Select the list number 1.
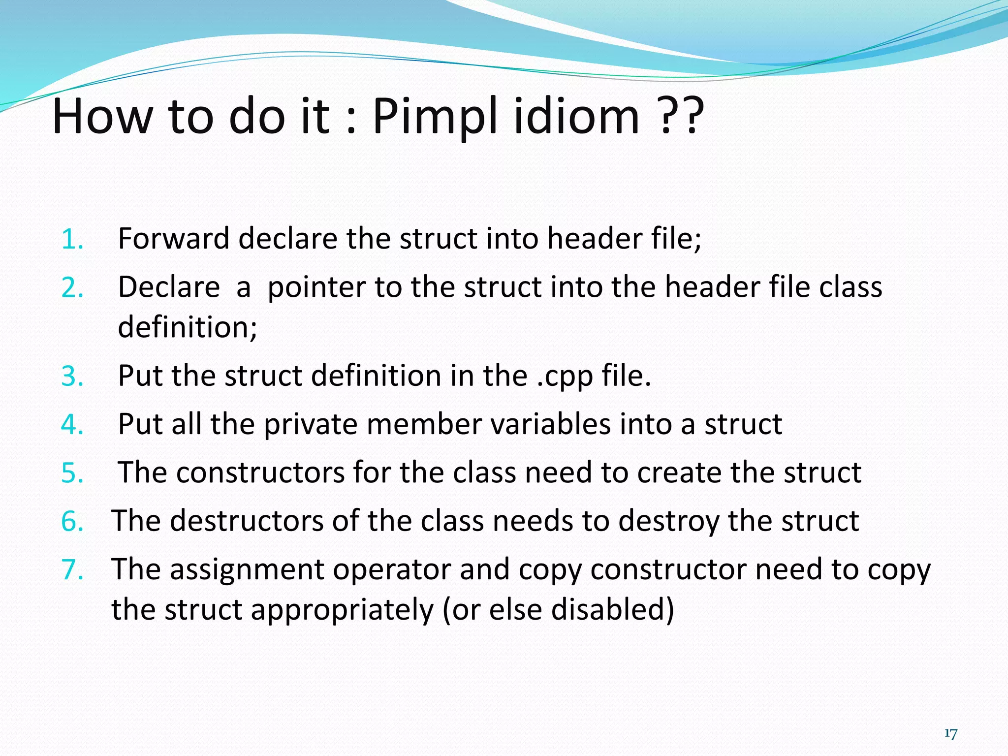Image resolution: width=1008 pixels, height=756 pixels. point(72,239)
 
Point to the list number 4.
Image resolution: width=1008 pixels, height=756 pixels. point(72,424)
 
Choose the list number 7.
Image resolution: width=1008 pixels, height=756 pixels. point(72,569)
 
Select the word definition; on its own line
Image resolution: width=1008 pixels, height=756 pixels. point(188,327)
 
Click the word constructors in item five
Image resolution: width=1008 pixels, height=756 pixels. point(260,472)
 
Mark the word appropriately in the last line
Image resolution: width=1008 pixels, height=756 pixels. point(342,610)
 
